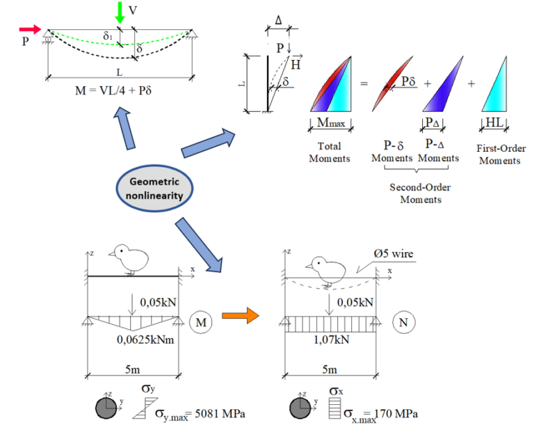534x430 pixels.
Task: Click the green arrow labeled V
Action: click(121, 13)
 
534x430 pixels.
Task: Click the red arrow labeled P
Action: click(31, 29)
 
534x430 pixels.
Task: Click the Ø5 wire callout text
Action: click(394, 254)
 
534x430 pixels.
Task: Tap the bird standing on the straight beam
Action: click(130, 259)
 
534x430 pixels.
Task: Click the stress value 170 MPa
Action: click(401, 415)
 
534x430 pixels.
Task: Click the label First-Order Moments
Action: click(501, 154)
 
